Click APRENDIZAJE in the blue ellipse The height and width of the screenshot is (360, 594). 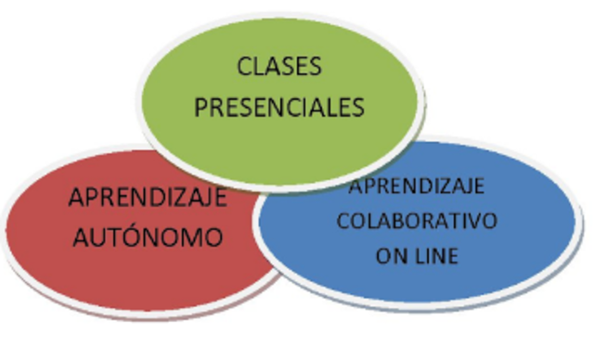417,186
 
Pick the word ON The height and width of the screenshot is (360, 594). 390,256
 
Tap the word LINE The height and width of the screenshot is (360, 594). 434,256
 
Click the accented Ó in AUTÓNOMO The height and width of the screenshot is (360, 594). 129,237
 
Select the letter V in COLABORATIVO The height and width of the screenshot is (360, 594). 471,222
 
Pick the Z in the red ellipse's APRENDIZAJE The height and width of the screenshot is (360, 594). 173,199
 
